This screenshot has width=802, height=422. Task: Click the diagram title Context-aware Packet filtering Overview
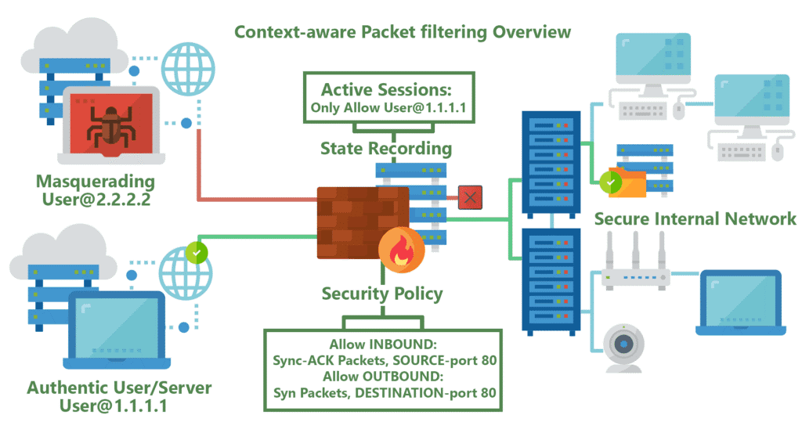click(x=403, y=32)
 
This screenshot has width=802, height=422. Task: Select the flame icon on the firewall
click(x=401, y=252)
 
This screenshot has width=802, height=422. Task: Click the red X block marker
click(x=470, y=197)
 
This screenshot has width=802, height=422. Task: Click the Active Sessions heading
click(x=386, y=88)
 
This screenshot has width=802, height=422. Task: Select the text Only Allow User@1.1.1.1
click(x=386, y=107)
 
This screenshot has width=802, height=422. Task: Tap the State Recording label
click(x=385, y=148)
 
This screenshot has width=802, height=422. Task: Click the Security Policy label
click(x=382, y=294)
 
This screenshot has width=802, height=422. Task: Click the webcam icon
click(x=624, y=346)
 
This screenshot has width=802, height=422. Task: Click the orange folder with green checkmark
click(x=622, y=182)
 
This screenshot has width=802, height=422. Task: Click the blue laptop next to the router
click(x=739, y=301)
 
